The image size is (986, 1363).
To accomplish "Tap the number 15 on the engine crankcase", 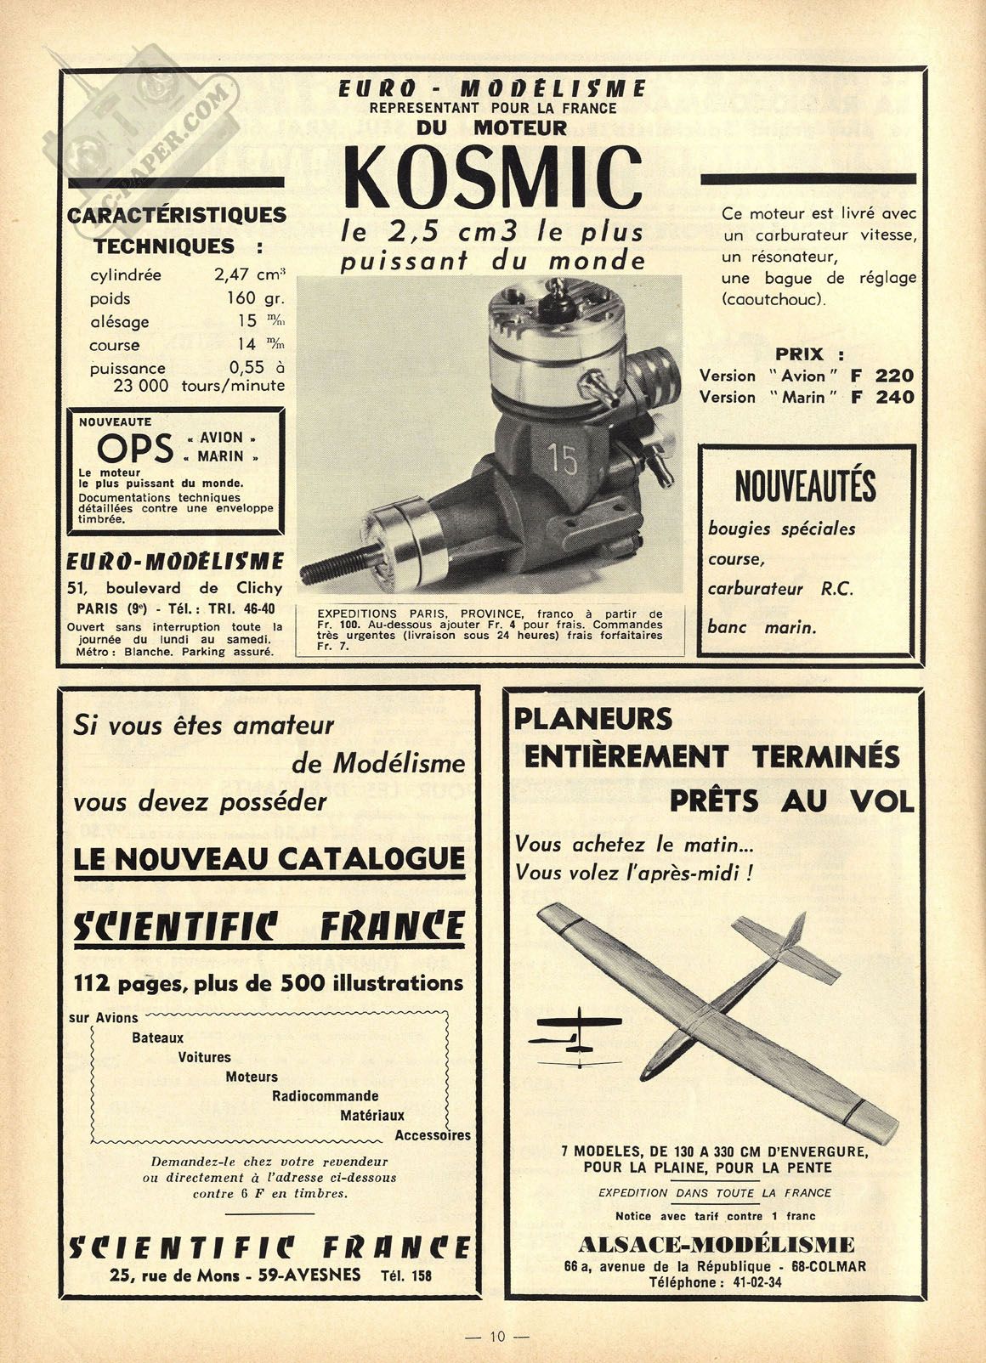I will click(563, 459).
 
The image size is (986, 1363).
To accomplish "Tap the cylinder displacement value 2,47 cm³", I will click(248, 275).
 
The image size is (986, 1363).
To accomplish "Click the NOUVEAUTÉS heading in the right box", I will click(805, 487).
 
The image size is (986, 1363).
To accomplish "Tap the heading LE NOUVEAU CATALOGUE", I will click(269, 858).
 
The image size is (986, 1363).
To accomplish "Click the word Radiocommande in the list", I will click(325, 1096).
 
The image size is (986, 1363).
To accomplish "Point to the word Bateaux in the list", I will click(157, 1038).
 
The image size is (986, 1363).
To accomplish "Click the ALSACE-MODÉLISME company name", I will click(716, 1245).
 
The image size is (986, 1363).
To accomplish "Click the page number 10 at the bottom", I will click(497, 1337).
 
